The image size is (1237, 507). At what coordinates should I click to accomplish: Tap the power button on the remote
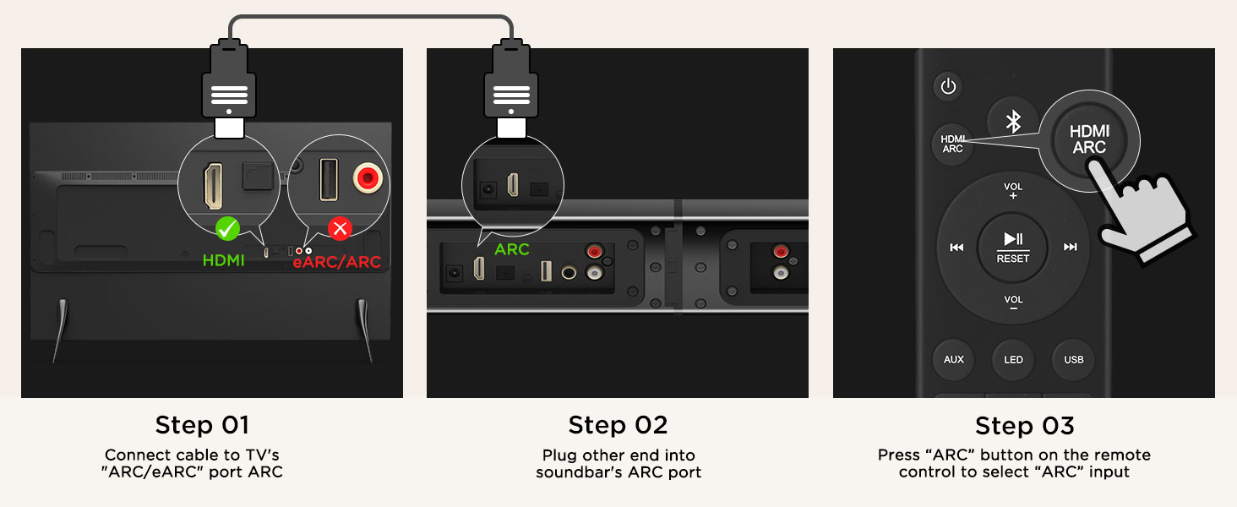(948, 86)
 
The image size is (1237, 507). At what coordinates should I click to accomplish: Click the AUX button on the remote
(954, 359)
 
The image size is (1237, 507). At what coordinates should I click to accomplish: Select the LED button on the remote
(1013, 359)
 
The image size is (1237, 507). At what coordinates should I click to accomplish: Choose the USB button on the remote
(1074, 359)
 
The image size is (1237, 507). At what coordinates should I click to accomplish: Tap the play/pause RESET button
(1013, 247)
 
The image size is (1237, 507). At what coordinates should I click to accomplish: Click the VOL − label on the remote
(1013, 303)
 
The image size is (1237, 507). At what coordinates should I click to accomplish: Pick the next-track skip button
(1071, 247)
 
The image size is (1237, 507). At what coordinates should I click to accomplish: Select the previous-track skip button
(956, 247)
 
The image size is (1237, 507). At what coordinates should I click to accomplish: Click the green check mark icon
(227, 228)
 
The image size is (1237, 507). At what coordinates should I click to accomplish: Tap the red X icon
(341, 228)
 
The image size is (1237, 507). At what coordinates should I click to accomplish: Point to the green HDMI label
(223, 260)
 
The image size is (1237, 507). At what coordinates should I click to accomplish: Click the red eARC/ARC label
(337, 261)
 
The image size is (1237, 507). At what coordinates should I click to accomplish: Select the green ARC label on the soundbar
(511, 249)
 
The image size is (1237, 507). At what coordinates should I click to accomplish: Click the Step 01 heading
(202, 425)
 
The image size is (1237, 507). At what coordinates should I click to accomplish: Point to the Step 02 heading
(618, 425)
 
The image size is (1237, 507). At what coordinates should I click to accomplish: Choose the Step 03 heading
(1024, 426)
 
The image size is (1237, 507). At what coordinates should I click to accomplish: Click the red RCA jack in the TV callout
(368, 177)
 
